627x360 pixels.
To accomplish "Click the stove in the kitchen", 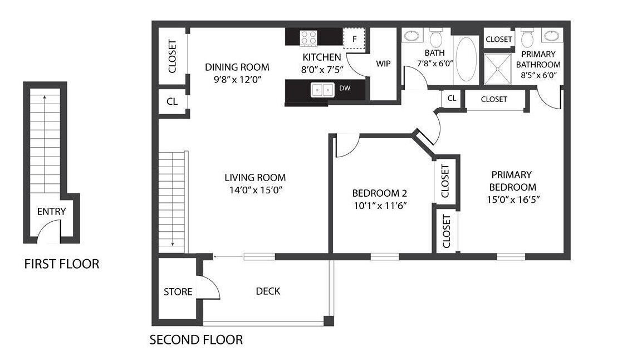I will click(x=308, y=37).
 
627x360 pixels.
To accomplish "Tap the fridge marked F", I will click(x=354, y=39).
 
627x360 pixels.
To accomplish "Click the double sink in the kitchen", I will click(x=322, y=89).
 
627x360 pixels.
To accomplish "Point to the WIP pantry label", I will click(x=383, y=64).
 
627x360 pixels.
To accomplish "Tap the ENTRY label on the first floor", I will click(x=51, y=211).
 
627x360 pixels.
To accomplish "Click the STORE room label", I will click(x=178, y=291).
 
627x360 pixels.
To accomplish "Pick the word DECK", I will click(x=268, y=291).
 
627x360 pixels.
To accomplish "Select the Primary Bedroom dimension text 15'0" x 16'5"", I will click(x=511, y=199).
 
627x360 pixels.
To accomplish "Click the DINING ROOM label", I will click(x=237, y=67).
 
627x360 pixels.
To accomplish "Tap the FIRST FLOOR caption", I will click(x=61, y=264).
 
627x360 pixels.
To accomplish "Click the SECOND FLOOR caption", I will click(x=196, y=339).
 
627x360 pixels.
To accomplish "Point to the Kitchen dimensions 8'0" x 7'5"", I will click(x=322, y=70).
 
